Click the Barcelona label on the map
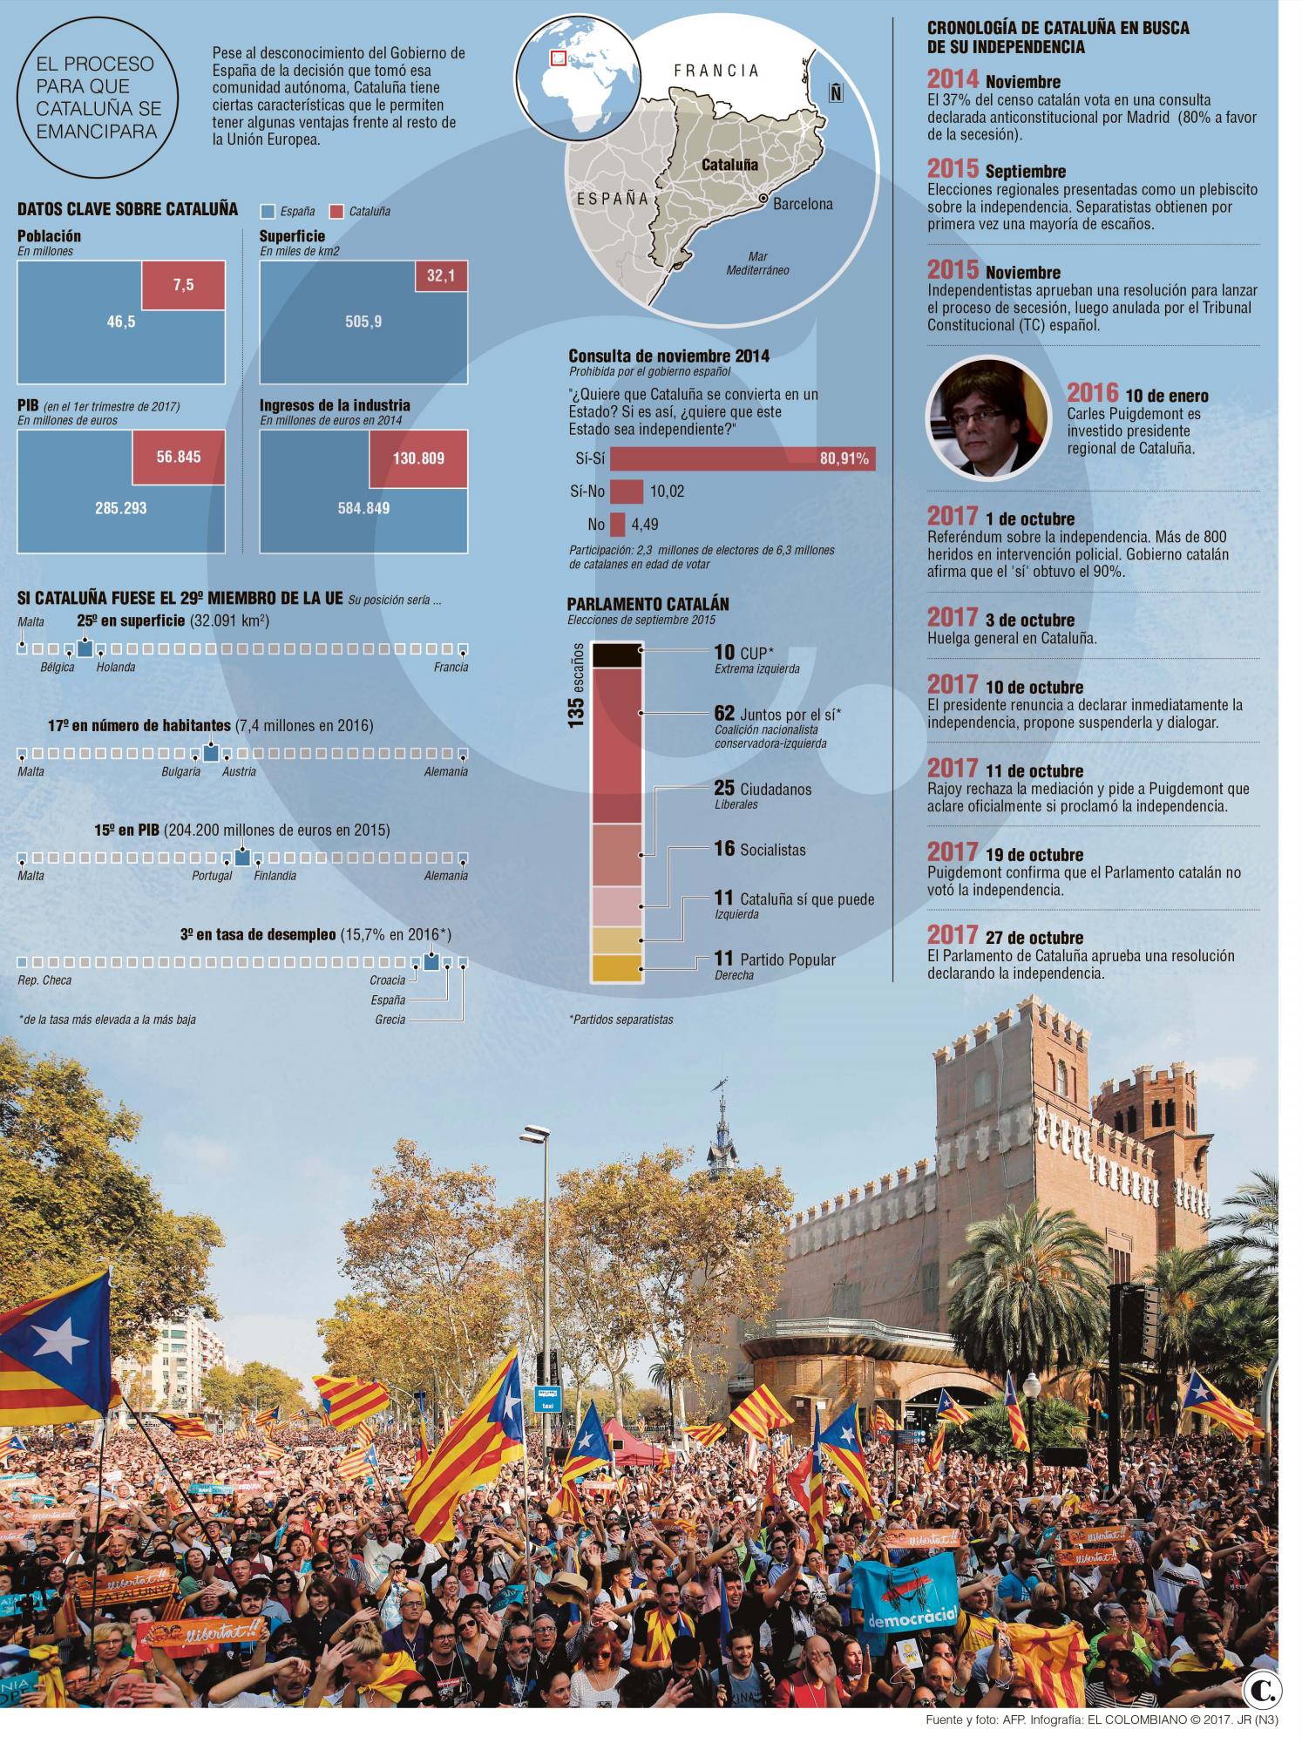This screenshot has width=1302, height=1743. pos(802,204)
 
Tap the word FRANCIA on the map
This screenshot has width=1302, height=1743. pos(716,71)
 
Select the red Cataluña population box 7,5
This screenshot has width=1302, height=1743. pos(183,285)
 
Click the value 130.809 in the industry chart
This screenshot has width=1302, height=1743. pos(418,458)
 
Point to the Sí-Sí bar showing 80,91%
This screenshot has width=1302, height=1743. pos(742,459)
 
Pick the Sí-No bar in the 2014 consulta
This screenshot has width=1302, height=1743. pos(627,492)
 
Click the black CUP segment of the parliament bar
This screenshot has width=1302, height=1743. pos(617,654)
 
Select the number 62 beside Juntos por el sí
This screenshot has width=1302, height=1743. pos(724,714)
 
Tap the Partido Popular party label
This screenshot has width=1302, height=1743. pos(787,960)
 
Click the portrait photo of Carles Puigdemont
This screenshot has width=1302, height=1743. pos(987,418)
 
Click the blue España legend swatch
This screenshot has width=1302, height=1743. pos(268,211)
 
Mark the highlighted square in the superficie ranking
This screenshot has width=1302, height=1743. pos(85,648)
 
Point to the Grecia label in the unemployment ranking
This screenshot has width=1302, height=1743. pos(390,1019)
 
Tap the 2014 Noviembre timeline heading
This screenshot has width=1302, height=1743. pos(993,80)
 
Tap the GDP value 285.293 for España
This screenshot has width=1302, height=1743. pos(121,508)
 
